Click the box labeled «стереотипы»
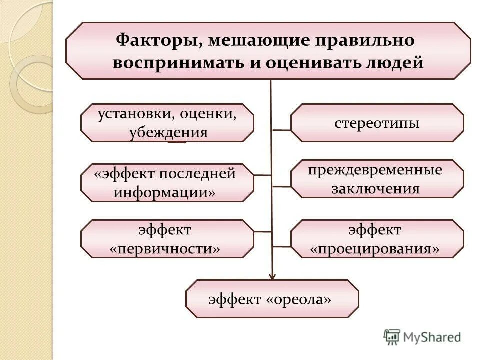click(x=377, y=123)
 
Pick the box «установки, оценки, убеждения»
click(x=167, y=123)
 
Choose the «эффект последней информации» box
click(x=167, y=183)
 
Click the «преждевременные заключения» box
click(x=377, y=179)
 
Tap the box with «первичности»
click(x=167, y=239)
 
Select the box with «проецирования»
click(x=377, y=239)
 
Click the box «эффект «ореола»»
click(x=272, y=299)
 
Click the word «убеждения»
click(x=168, y=133)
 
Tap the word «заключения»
click(x=375, y=189)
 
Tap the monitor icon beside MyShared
click(x=392, y=337)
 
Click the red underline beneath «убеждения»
click(x=177, y=143)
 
